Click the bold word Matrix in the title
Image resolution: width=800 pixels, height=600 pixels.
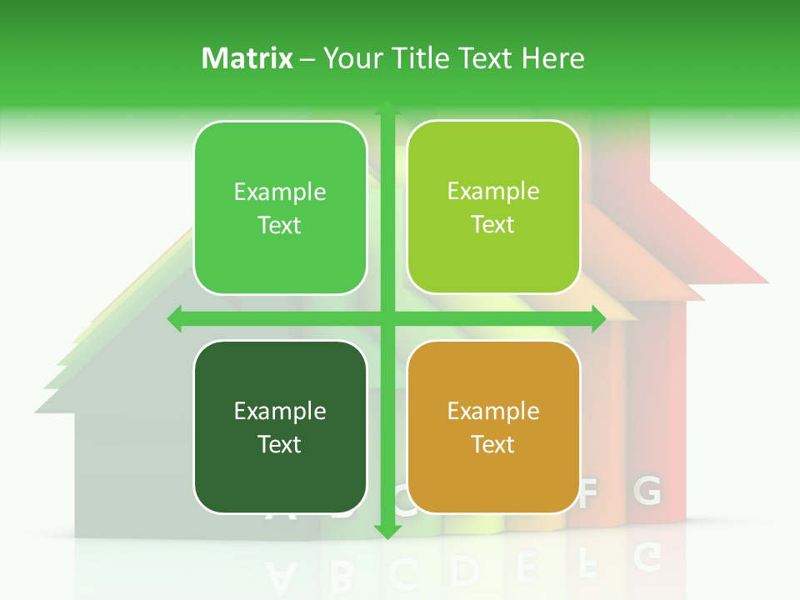[247, 58]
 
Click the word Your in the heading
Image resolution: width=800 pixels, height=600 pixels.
[352, 58]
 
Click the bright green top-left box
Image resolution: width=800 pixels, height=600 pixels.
[280, 207]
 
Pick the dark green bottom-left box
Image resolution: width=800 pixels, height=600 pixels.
[280, 427]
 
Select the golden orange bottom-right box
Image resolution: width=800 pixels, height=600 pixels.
[493, 427]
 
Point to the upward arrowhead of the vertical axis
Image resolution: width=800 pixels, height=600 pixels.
[387, 107]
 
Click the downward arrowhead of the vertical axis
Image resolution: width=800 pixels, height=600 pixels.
[387, 531]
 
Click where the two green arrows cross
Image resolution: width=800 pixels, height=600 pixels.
[387, 318]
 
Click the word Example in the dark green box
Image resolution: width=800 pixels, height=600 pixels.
[280, 411]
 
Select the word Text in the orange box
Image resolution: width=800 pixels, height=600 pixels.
[493, 444]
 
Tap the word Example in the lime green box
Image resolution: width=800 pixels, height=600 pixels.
[493, 191]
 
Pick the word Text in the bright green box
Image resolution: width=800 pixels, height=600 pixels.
[280, 226]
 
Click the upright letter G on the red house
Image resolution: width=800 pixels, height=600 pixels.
[647, 492]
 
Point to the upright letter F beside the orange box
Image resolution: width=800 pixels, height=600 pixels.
[589, 494]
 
